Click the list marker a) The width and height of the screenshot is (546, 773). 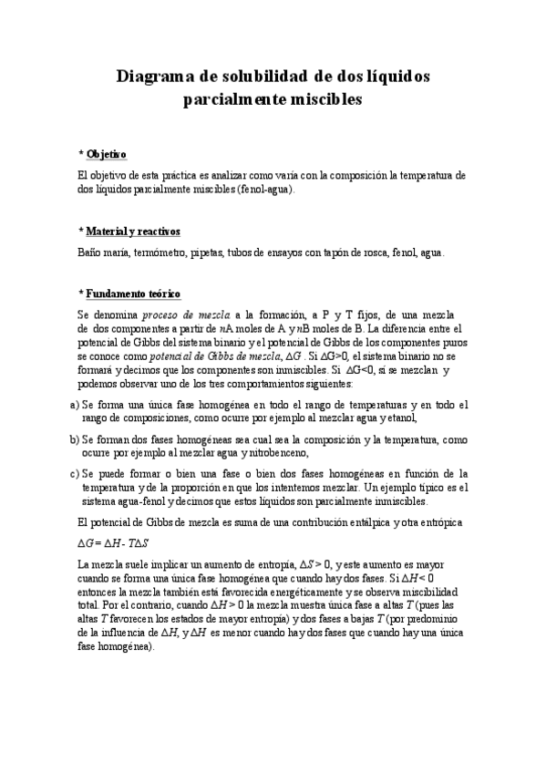74,405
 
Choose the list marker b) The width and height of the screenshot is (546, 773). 74,439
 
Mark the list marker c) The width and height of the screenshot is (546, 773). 74,474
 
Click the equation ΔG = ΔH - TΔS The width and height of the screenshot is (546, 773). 112,542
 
